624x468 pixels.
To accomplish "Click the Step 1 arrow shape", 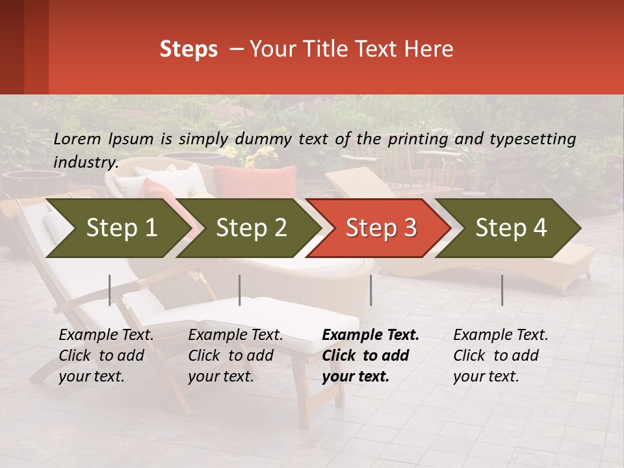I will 117,228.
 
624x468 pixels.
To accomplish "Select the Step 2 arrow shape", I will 250,228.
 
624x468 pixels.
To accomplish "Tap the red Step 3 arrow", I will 380,228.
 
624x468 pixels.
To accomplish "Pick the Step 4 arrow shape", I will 510,228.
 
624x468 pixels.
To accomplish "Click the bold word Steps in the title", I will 188,49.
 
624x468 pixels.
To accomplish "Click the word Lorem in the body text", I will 77,138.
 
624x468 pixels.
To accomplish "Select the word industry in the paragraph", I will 85,162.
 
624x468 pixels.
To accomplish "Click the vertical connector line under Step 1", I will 110,290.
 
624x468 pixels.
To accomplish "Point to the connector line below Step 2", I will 240,290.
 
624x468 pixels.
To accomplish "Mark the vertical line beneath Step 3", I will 371,290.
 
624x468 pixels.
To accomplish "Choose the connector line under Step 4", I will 502,290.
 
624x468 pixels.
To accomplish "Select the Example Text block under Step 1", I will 106,356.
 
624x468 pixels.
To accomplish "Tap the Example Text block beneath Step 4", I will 500,356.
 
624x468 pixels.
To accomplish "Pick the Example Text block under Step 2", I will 235,356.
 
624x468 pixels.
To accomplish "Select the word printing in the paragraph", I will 419,138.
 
